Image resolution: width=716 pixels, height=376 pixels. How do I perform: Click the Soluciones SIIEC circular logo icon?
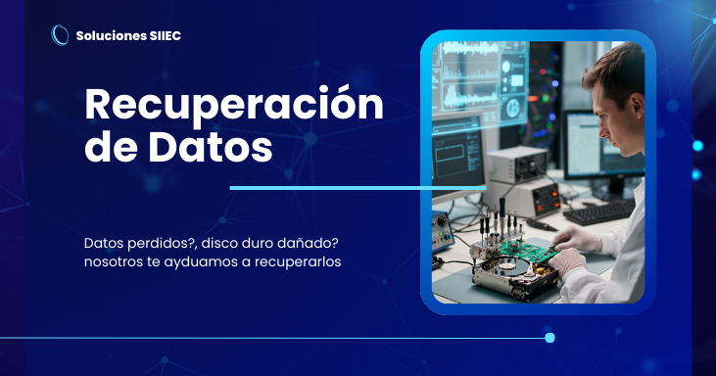[60, 35]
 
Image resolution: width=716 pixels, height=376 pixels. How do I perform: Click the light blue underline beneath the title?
[357, 187]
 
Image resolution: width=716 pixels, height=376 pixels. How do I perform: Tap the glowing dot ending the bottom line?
[549, 338]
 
